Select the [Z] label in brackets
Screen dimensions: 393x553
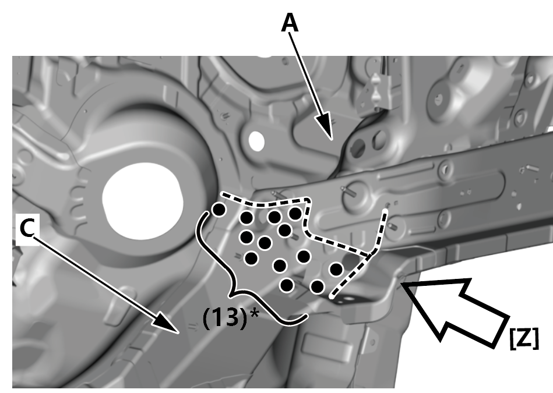pyautogui.click(x=523, y=338)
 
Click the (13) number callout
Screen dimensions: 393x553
pyautogui.click(x=224, y=318)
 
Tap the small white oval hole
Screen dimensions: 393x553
pyautogui.click(x=255, y=140)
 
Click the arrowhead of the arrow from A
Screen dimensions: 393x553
pyautogui.click(x=330, y=137)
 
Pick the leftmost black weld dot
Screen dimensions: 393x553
pyautogui.click(x=219, y=209)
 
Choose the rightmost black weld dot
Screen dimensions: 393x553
pyautogui.click(x=336, y=269)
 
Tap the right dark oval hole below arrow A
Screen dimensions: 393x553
pyautogui.click(x=379, y=139)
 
